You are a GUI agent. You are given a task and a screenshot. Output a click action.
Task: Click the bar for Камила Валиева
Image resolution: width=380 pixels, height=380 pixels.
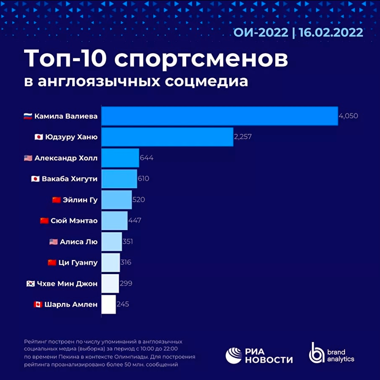[x=220, y=116]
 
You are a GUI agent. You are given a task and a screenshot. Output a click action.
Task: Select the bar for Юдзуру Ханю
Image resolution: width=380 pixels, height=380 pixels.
[x=167, y=137]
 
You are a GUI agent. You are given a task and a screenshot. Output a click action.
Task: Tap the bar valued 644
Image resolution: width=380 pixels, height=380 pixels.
[x=120, y=158]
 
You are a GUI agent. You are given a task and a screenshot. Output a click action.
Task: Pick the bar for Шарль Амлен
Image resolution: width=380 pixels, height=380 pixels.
[x=109, y=304]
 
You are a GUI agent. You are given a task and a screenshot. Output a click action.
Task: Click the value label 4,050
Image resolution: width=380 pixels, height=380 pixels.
[x=348, y=116]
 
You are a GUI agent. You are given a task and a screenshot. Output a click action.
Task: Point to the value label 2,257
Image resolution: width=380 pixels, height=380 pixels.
[x=243, y=137]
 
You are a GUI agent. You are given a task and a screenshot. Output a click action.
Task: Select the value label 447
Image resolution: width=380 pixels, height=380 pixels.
[x=135, y=221]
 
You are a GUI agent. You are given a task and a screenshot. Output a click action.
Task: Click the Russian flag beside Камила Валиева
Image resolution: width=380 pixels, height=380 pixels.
[x=28, y=116]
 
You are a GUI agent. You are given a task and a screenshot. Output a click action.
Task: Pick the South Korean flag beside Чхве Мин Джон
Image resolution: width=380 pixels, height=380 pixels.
[x=30, y=284]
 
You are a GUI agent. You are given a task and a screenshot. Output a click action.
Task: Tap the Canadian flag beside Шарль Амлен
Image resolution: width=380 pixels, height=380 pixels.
[x=38, y=304]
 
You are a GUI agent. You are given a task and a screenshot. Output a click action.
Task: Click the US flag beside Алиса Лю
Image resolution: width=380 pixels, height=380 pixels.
[x=53, y=242]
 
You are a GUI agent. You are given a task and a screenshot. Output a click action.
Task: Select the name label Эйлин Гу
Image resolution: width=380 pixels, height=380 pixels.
[x=81, y=200]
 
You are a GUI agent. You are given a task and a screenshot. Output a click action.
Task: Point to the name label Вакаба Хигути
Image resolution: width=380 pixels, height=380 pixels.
[x=70, y=179]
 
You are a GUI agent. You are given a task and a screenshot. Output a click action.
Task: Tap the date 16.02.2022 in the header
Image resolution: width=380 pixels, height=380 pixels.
[x=331, y=33]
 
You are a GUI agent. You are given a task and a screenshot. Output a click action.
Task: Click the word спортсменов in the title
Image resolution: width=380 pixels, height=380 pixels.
[x=201, y=59]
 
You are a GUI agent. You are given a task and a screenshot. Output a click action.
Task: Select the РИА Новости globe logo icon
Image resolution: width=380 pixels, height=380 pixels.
[x=234, y=355]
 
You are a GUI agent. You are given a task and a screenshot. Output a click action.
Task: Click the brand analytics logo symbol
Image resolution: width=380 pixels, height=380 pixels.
[x=317, y=353]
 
